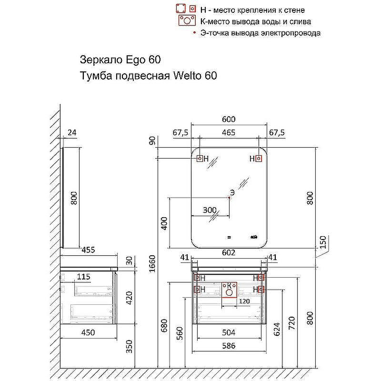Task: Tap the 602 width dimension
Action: tap(229, 253)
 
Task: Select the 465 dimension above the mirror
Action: tap(229, 133)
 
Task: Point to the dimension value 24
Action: tap(72, 133)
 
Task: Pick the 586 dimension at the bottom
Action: tap(229, 346)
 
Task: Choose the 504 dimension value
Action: tap(229, 332)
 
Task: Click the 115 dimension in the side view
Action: tap(83, 276)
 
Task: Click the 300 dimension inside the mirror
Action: tap(210, 210)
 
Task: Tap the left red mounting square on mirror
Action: tap(200, 159)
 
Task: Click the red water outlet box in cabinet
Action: tap(229, 290)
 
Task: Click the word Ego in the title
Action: tap(135, 60)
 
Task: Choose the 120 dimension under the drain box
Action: tap(243, 301)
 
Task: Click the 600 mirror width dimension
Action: tap(229, 120)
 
